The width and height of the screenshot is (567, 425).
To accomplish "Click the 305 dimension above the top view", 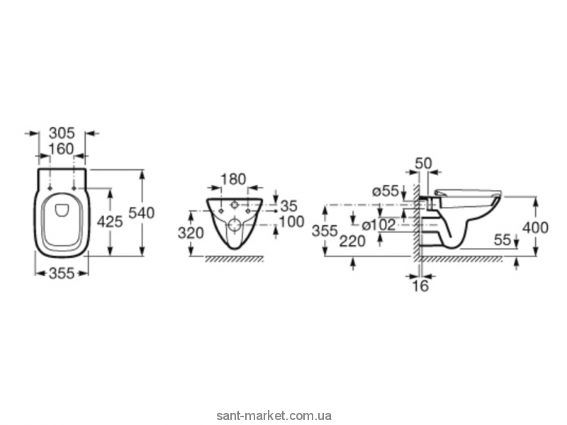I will pyautogui.click(x=62, y=132).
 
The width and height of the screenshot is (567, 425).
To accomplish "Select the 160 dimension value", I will pyautogui.click(x=62, y=150).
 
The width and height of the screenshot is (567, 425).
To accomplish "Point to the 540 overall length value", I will pyautogui.click(x=142, y=212).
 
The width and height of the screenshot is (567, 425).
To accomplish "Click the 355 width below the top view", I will pyautogui.click(x=62, y=273).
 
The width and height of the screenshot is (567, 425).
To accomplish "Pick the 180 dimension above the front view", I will pyautogui.click(x=234, y=180).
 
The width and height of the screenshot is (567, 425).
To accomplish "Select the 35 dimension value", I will pyautogui.click(x=288, y=205).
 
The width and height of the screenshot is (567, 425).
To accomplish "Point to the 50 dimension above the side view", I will pyautogui.click(x=424, y=164).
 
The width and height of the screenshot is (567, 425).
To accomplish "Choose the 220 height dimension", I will pyautogui.click(x=352, y=241).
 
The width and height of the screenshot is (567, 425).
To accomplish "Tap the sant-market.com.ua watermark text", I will pyautogui.click(x=284, y=416).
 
